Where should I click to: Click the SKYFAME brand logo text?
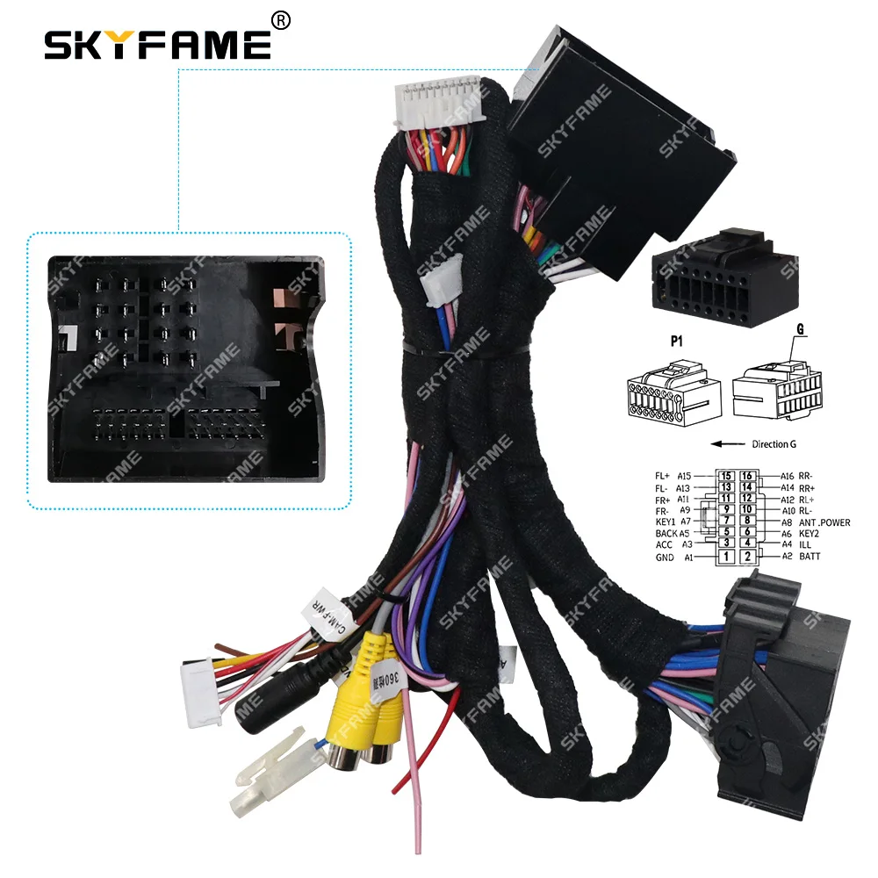pos(157,44)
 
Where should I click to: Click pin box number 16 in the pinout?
pos(747,477)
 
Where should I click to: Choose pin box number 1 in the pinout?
pos(726,557)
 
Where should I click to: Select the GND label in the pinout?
pos(665,557)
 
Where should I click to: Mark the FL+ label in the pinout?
pos(663,476)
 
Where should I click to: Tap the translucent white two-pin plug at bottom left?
pos(263,767)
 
